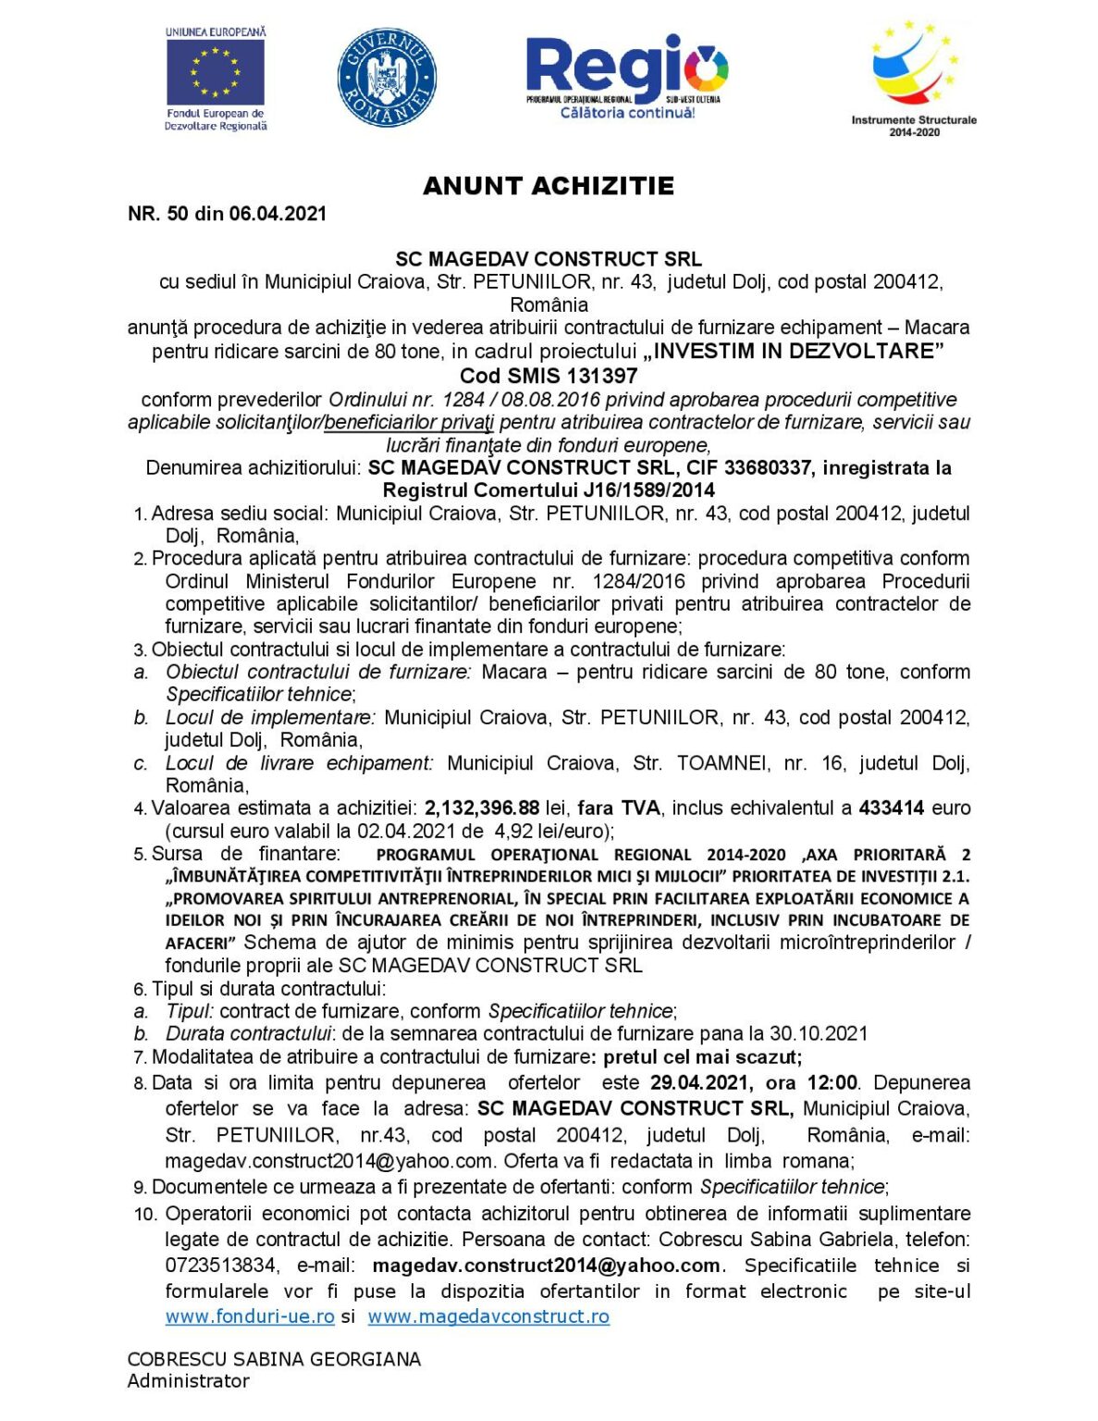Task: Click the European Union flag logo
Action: pyautogui.click(x=216, y=73)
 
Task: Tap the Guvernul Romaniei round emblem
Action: pyautogui.click(x=387, y=77)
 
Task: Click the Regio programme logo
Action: pyautogui.click(x=626, y=77)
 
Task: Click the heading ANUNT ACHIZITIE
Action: pyautogui.click(x=549, y=186)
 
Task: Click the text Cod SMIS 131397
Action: pyautogui.click(x=549, y=376)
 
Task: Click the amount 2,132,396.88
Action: pyautogui.click(x=482, y=809)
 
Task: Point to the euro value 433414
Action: pyautogui.click(x=891, y=809)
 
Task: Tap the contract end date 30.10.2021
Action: pyautogui.click(x=818, y=1033)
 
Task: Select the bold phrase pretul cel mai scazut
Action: pyautogui.click(x=702, y=1056)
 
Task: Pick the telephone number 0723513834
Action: pyautogui.click(x=220, y=1266)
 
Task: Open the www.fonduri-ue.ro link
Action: pyautogui.click(x=250, y=1316)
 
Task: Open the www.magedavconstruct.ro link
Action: pyautogui.click(x=488, y=1316)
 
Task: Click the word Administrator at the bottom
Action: pyautogui.click(x=189, y=1381)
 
